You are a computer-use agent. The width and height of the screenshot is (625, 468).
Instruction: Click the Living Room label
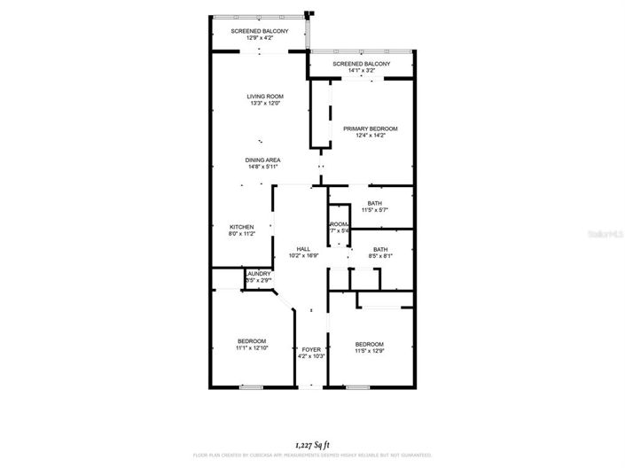pyautogui.click(x=264, y=96)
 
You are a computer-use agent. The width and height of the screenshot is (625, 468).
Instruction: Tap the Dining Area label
pyautogui.click(x=263, y=160)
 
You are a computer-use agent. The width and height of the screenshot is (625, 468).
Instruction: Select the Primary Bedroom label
pyautogui.click(x=371, y=129)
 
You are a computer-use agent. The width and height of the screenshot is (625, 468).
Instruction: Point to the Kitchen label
pyautogui.click(x=242, y=226)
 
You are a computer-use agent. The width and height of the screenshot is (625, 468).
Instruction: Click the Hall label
pyautogui.click(x=302, y=249)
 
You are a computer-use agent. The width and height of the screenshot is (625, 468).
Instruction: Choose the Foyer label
pyautogui.click(x=310, y=349)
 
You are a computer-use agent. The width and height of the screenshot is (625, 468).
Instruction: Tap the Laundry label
pyautogui.click(x=259, y=274)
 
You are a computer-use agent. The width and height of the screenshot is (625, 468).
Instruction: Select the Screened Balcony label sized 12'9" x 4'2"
pyautogui.click(x=260, y=31)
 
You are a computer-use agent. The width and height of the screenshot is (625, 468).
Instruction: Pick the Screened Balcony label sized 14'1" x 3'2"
pyautogui.click(x=362, y=65)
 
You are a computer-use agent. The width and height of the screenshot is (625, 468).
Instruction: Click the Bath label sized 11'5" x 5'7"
pyautogui.click(x=375, y=203)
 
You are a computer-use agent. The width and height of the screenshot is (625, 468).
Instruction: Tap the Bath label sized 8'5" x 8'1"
pyautogui.click(x=380, y=249)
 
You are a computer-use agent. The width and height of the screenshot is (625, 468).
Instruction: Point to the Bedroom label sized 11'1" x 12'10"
pyautogui.click(x=252, y=341)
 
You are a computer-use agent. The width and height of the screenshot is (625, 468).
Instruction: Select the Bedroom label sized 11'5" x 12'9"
pyautogui.click(x=370, y=344)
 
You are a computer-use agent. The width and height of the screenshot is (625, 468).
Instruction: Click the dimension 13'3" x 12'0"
pyautogui.click(x=264, y=104)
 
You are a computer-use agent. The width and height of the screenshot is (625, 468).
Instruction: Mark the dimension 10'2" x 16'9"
pyautogui.click(x=302, y=256)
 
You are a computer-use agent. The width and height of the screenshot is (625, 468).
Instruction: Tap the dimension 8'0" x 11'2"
pyautogui.click(x=242, y=233)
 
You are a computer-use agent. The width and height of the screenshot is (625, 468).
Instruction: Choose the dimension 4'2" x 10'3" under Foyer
pyautogui.click(x=310, y=356)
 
